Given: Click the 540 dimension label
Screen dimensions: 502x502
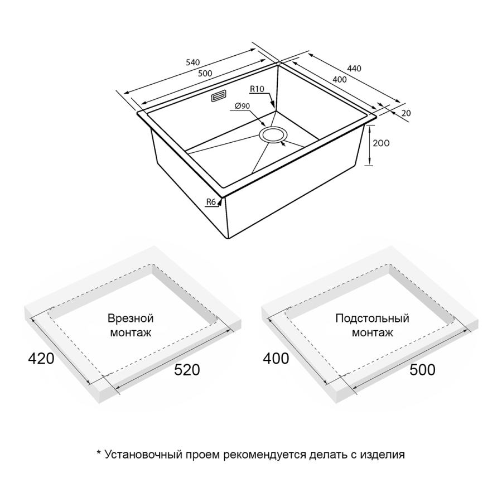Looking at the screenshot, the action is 193,62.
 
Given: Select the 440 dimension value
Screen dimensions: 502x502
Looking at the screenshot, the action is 354,69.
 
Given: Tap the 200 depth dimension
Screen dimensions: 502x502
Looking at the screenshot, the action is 382,143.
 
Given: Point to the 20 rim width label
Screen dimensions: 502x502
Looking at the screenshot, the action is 406,113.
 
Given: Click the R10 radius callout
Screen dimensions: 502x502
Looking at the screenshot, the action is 257,89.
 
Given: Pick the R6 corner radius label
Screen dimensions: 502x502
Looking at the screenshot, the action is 211,202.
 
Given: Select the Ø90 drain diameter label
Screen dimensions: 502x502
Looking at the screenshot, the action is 243,106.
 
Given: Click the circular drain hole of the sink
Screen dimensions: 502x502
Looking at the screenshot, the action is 272,134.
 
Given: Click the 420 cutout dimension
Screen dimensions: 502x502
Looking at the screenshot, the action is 41,358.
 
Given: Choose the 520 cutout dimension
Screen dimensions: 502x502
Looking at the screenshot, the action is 187,370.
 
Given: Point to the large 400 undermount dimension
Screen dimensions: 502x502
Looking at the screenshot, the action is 276,358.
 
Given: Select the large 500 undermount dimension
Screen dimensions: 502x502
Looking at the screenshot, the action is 422,370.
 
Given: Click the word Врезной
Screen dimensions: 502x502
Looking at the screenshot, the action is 131,318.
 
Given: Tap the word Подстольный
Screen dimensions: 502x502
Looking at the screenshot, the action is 373,318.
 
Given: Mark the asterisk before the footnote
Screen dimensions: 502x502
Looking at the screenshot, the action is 99,452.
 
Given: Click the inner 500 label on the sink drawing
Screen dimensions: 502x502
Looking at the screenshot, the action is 205,74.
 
